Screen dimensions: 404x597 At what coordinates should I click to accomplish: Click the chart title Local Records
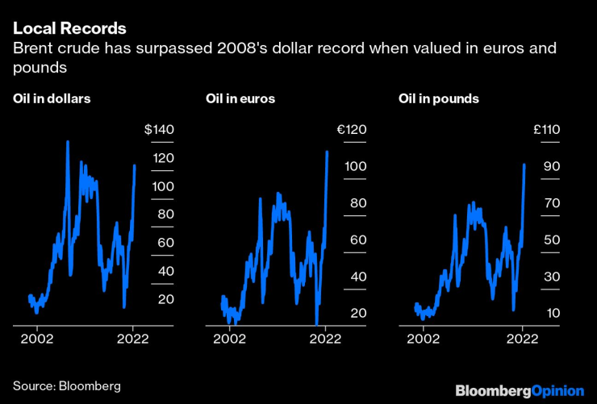69,28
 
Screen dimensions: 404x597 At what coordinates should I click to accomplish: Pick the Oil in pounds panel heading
439,99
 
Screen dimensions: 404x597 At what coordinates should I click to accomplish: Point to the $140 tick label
159,130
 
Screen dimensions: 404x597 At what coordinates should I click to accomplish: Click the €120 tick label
352,130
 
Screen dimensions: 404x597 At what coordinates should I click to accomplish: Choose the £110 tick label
545,130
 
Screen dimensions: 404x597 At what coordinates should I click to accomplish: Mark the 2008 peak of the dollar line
67,142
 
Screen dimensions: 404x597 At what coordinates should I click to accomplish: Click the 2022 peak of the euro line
327,152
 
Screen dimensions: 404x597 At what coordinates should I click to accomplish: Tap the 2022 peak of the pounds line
524,165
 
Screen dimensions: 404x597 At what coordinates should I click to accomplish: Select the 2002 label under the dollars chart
37,339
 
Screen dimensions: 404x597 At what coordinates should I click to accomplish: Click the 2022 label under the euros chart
325,339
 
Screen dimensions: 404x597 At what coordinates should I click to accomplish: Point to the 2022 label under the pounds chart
523,339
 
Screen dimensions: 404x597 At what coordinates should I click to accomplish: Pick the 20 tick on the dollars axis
166,299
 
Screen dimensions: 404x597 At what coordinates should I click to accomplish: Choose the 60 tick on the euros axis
358,240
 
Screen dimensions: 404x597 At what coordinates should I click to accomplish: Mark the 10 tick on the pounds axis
552,314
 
